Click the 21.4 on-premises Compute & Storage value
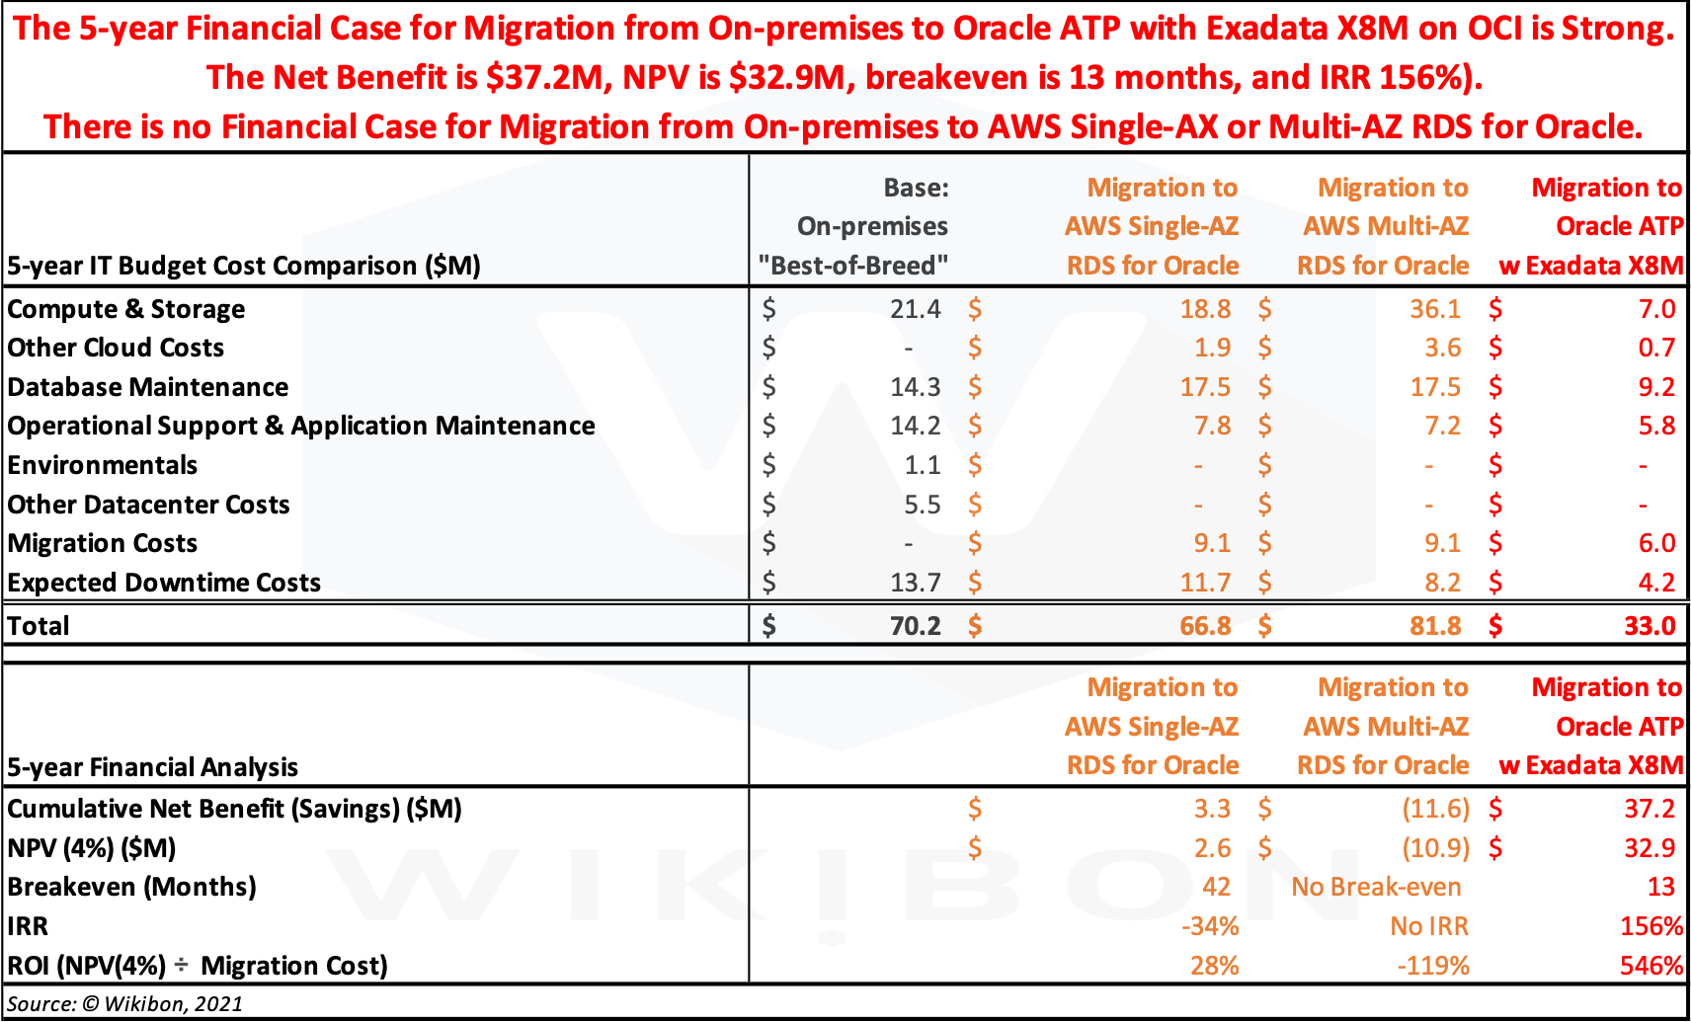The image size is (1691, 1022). (x=915, y=309)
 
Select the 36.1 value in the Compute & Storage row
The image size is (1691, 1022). (x=1434, y=309)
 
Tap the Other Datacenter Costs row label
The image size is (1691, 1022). (x=149, y=505)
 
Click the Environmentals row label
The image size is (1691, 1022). (x=103, y=465)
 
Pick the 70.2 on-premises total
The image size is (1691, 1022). (x=915, y=626)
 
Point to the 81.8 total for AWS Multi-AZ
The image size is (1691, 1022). (x=1434, y=626)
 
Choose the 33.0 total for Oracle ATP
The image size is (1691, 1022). (x=1649, y=626)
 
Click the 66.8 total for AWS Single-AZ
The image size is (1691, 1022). (x=1205, y=626)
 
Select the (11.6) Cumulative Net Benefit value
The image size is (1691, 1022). (x=1435, y=809)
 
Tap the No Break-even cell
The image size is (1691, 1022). (x=1376, y=887)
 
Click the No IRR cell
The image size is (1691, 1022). (x=1428, y=926)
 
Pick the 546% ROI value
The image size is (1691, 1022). (x=1651, y=966)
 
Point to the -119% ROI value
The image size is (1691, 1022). (x=1432, y=966)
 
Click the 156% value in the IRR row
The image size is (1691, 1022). (x=1651, y=926)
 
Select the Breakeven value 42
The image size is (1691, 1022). (x=1216, y=887)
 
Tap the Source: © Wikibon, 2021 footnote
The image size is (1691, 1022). (x=125, y=1003)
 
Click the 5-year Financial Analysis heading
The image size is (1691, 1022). (x=153, y=767)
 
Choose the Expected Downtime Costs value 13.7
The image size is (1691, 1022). (x=915, y=583)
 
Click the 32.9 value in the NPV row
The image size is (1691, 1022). (x=1649, y=848)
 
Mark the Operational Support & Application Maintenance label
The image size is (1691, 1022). (x=301, y=426)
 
